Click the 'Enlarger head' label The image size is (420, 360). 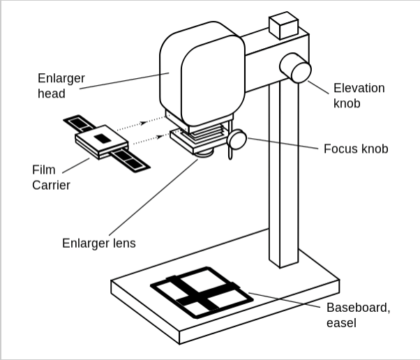click(x=61, y=85)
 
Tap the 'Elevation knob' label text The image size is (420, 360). click(x=359, y=96)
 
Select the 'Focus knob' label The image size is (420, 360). click(x=356, y=149)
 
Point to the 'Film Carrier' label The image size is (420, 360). click(x=51, y=177)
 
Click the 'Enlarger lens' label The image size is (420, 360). click(x=98, y=243)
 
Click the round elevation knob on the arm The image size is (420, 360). click(x=296, y=68)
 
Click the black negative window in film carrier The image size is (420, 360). click(x=103, y=137)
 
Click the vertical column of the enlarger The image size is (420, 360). click(x=283, y=174)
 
